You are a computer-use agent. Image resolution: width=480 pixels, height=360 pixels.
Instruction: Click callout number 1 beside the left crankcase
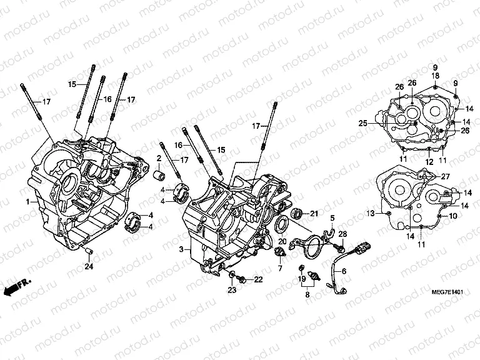point(27,202)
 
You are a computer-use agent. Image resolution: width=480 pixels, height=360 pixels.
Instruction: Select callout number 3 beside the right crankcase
point(180,250)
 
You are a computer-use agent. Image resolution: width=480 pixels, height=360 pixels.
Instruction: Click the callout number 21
point(314,214)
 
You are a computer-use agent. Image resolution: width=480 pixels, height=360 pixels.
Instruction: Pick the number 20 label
point(282,241)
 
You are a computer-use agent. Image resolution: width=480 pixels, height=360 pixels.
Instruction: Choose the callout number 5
point(332,218)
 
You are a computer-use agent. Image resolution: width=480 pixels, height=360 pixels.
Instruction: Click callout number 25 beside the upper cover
point(362,124)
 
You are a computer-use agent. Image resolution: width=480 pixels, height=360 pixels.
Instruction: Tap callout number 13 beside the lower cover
point(371,214)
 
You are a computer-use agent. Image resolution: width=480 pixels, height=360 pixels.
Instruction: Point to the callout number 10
point(453,216)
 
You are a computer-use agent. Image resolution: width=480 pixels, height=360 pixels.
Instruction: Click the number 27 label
point(446,177)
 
